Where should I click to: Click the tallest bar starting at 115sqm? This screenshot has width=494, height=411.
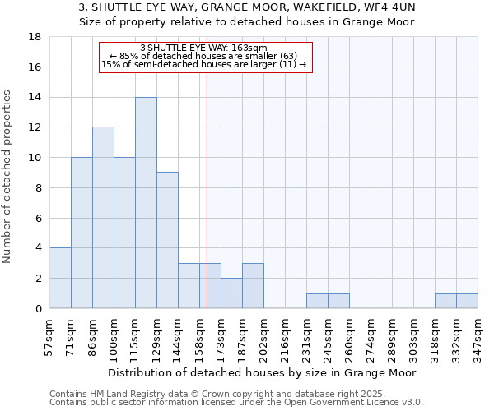(x=146, y=202)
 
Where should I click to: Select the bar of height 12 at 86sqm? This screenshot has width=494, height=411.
(x=103, y=218)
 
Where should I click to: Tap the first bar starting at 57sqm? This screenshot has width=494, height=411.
(x=60, y=278)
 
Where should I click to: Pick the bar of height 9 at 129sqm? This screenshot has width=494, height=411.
(x=167, y=240)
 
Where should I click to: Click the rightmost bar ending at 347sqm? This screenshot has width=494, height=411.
(x=467, y=301)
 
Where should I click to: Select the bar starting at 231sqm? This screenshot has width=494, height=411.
(x=317, y=301)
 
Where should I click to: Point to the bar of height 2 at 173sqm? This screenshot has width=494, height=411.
(x=231, y=293)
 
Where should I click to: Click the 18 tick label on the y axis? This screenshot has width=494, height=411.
(x=35, y=37)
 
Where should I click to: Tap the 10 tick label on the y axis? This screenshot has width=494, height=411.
(x=35, y=158)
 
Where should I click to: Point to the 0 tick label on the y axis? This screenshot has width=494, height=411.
(x=38, y=308)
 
